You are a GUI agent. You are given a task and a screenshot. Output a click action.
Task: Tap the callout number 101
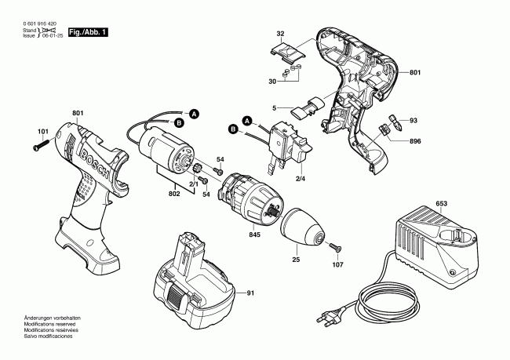(x=42, y=131)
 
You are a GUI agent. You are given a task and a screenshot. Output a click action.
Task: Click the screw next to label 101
(x=41, y=145)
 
